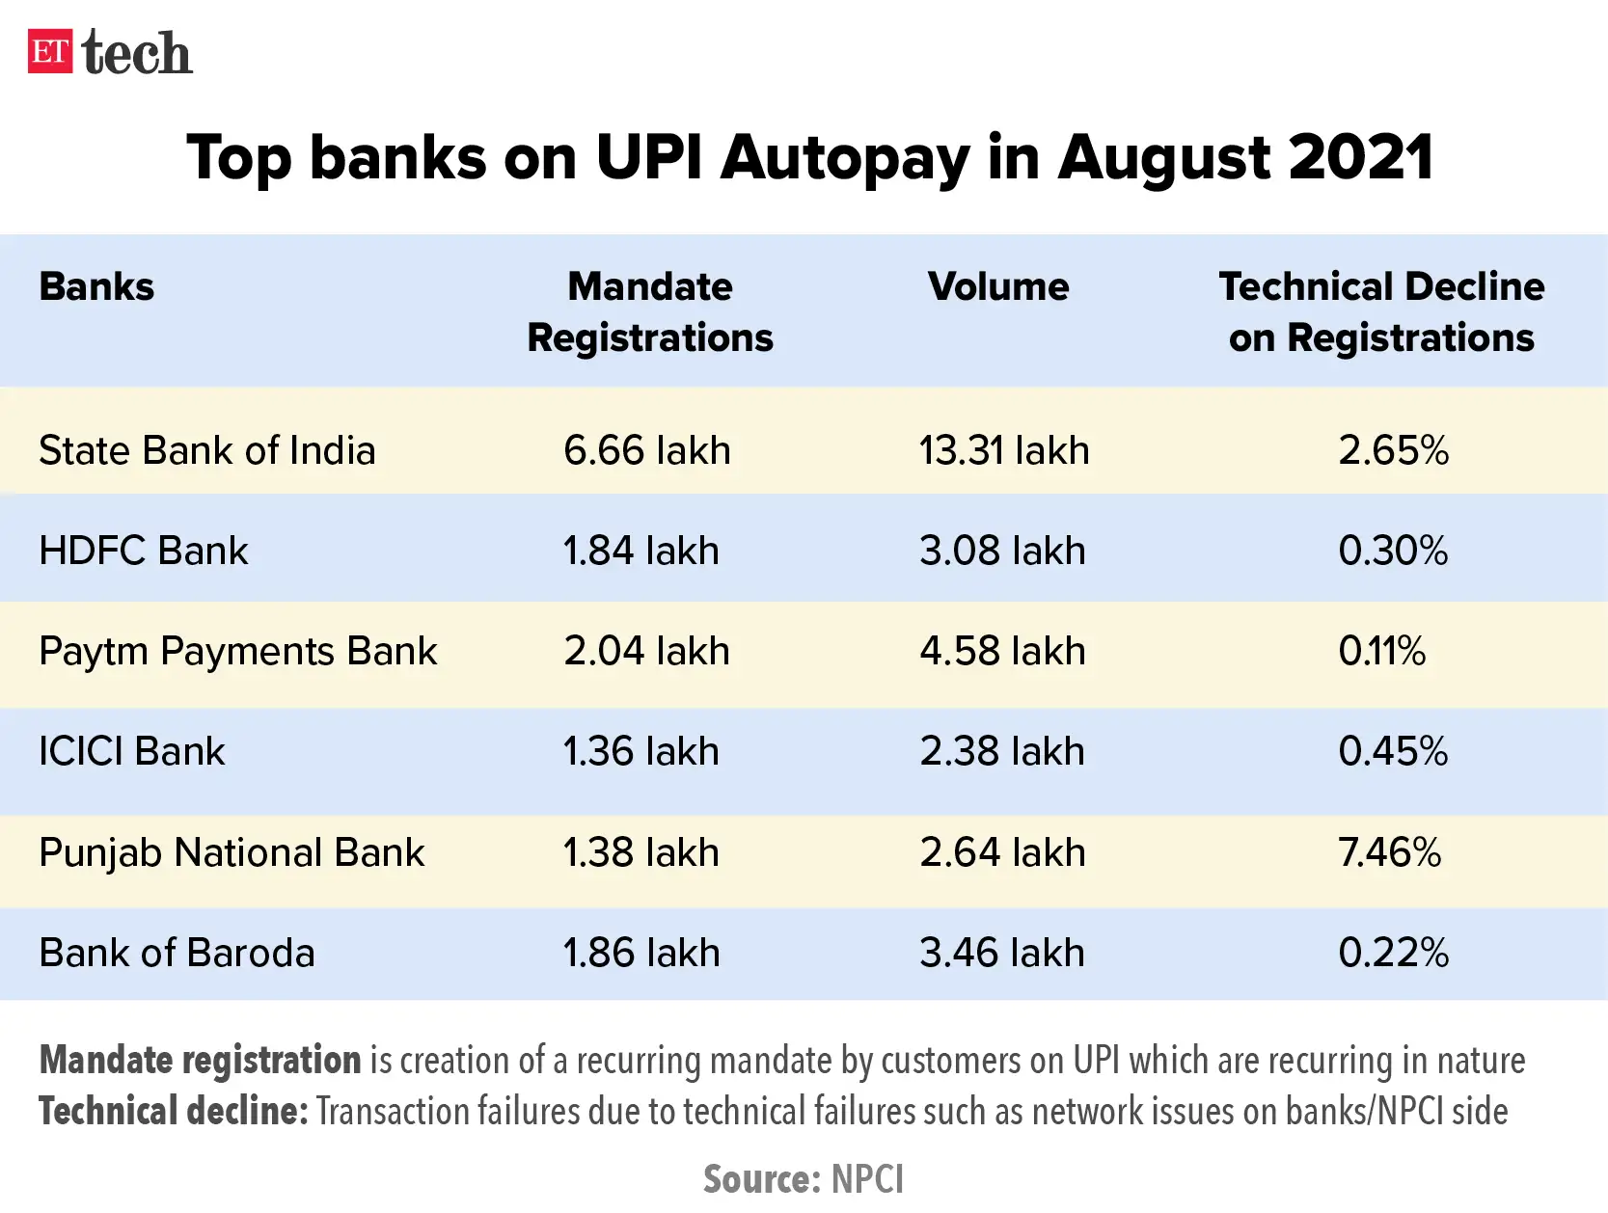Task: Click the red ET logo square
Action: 50,52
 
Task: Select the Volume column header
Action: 998,287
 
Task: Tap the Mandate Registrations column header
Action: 650,312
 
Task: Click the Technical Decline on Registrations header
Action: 1381,312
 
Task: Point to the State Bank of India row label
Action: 206,450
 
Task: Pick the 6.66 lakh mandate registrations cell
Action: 647,450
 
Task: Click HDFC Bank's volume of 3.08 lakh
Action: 1002,551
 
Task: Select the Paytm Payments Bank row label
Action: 237,652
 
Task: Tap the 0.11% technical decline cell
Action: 1381,652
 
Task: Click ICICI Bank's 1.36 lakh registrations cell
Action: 641,752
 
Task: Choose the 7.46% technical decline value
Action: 1389,852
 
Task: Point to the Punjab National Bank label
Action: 232,852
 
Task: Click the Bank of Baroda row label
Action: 177,953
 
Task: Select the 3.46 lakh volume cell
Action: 1002,953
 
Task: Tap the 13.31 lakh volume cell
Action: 1004,450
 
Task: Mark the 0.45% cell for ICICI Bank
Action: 1393,752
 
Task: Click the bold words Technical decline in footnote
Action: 173,1112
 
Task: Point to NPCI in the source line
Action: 867,1179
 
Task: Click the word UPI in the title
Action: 649,157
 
